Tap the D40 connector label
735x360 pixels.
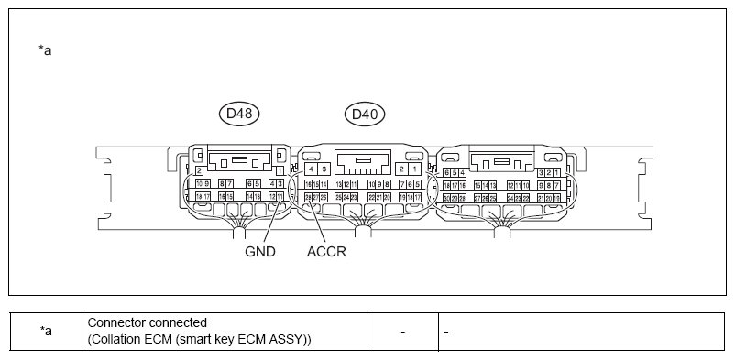(364, 115)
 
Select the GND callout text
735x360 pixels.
(260, 251)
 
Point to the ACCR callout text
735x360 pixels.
(327, 251)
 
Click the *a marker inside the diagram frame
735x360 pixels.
(45, 50)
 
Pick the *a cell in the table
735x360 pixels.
(46, 331)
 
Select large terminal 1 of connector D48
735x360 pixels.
(280, 171)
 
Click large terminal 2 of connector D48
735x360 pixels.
(199, 171)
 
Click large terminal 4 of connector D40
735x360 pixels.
(312, 169)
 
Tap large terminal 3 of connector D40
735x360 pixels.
(324, 169)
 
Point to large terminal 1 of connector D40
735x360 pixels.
(415, 169)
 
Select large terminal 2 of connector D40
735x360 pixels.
(402, 169)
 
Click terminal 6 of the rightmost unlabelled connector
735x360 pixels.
(446, 172)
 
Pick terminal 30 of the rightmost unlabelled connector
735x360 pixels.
(445, 197)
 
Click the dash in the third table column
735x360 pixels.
(402, 331)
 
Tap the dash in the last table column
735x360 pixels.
(445, 331)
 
